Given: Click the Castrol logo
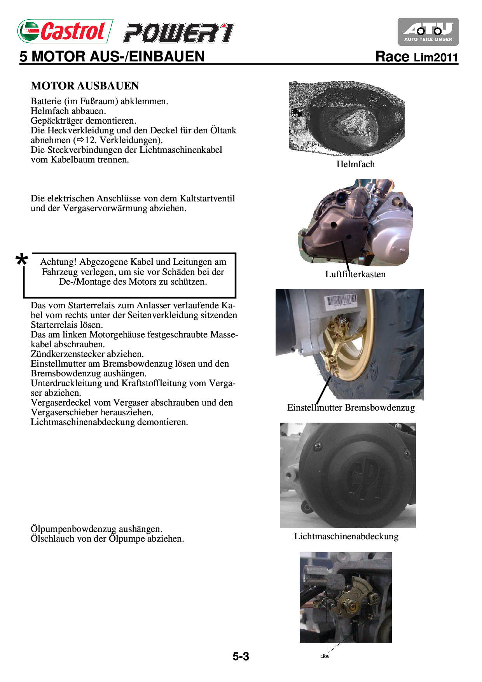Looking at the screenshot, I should pyautogui.click(x=65, y=31).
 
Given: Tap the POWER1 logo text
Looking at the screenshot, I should pyautogui.click(x=179, y=33).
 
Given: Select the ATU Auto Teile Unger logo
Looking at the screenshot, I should pyautogui.click(x=428, y=32).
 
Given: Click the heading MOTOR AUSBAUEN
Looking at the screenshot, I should pyautogui.click(x=85, y=86).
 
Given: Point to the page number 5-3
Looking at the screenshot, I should pyautogui.click(x=241, y=656).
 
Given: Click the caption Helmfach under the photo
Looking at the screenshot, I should pyautogui.click(x=355, y=164).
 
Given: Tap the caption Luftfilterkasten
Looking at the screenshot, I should pyautogui.click(x=355, y=274).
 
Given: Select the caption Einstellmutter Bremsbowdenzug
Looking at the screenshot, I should pyautogui.click(x=351, y=407).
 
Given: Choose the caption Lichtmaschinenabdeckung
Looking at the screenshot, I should pyautogui.click(x=346, y=536).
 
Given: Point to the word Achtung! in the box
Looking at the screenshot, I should pyautogui.click(x=58, y=262).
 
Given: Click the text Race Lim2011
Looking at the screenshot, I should pyautogui.click(x=416, y=57).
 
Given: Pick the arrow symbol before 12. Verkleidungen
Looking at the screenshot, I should pyautogui.click(x=80, y=140).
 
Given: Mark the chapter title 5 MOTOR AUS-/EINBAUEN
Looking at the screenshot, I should pyautogui.click(x=112, y=57).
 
